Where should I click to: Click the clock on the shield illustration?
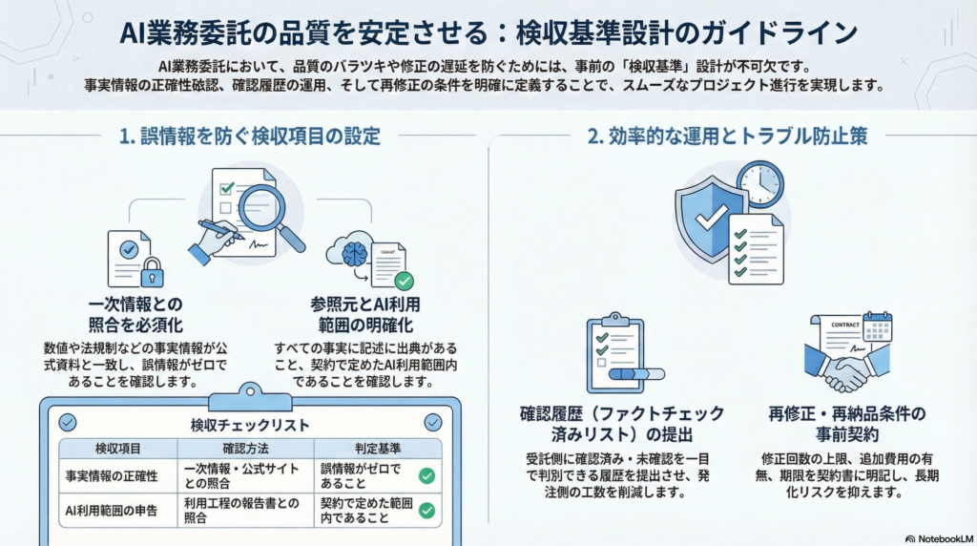tap(759, 184)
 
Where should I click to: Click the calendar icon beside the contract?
tap(876, 327)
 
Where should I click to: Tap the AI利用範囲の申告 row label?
tap(111, 510)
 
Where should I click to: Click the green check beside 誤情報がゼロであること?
tap(426, 475)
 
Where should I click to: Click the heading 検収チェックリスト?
tap(250, 424)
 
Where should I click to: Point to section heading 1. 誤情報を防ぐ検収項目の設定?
tap(250, 136)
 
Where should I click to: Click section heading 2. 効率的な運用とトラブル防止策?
tap(727, 136)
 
